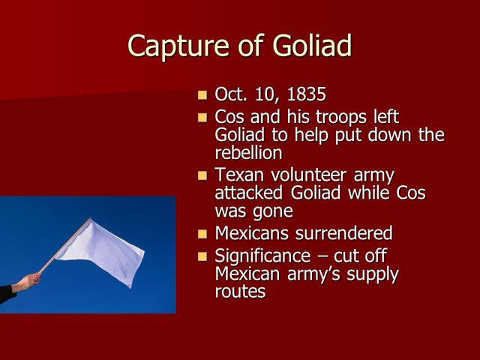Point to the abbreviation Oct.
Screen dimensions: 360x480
(230, 95)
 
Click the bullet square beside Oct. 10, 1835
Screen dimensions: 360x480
(202, 96)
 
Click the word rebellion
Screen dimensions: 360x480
(249, 152)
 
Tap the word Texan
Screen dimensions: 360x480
(241, 175)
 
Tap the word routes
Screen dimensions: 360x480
(240, 291)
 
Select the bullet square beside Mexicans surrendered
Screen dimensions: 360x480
(202, 234)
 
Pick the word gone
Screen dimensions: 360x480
(273, 211)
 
